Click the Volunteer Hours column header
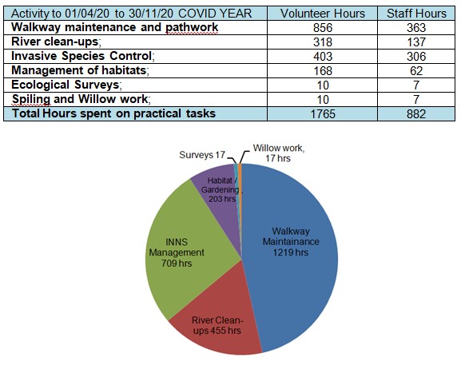323,14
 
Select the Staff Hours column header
416,14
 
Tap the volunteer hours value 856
323,28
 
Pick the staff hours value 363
416,28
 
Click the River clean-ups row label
56,42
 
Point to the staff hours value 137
416,42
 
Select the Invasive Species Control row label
82,56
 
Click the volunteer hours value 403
323,57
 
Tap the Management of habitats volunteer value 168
323,71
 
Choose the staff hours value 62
416,71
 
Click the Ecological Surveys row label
66,85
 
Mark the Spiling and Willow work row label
81,99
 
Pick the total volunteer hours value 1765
323,114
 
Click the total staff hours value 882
416,114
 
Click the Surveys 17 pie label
202,155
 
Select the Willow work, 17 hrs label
278,153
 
